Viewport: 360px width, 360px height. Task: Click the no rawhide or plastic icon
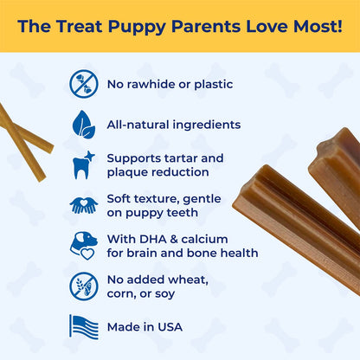tap(84, 84)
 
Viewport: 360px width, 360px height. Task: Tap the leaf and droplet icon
tap(84, 124)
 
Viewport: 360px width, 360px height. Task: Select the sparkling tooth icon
tap(84, 164)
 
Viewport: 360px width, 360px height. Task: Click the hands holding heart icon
tap(84, 205)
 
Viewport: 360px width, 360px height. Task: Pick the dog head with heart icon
tap(84, 245)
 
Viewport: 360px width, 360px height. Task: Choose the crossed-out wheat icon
tap(84, 286)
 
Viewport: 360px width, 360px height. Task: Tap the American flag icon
tap(84, 326)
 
